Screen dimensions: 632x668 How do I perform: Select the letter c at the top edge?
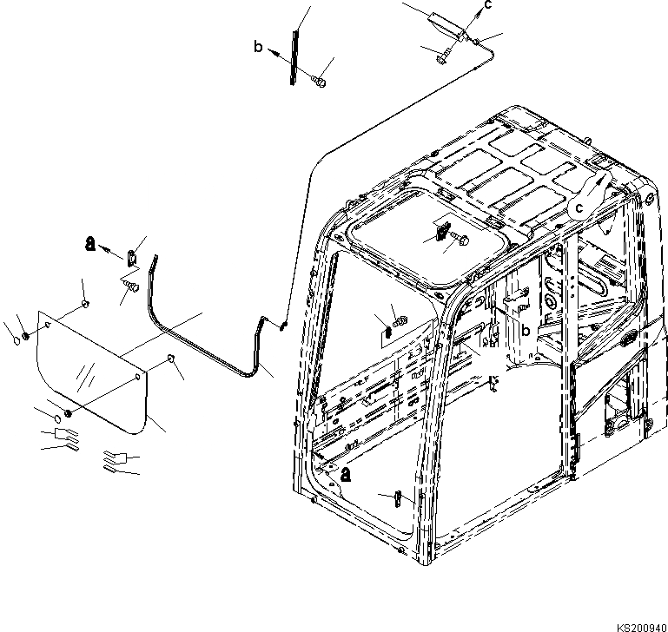488,4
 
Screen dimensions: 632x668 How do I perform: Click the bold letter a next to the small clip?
90,243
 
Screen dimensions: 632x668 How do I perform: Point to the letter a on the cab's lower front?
346,475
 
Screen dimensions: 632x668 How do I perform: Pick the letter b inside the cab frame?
526,332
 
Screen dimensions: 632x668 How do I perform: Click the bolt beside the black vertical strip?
320,82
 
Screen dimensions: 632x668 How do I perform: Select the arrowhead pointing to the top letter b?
272,52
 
